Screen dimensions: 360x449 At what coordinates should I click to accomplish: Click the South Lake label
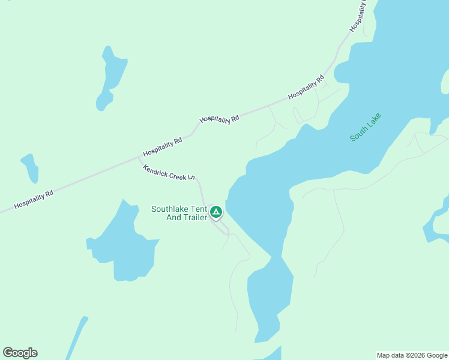tap(366, 127)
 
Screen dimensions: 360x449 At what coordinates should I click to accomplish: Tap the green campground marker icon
tap(216, 212)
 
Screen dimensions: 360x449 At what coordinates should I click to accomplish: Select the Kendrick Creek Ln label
tap(169, 172)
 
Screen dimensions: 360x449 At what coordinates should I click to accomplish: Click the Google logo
tap(20, 353)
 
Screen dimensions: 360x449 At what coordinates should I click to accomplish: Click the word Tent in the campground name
tap(199, 209)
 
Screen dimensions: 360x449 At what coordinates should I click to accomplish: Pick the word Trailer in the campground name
tap(195, 217)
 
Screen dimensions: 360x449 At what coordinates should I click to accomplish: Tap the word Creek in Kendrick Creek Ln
tap(174, 174)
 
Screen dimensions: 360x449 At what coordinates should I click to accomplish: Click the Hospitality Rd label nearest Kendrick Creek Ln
tap(162, 147)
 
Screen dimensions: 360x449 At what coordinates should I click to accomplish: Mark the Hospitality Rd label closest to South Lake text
tap(306, 88)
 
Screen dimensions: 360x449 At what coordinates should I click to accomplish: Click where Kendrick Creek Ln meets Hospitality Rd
tap(139, 158)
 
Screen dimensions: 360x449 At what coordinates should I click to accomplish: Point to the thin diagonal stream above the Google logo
tap(76, 337)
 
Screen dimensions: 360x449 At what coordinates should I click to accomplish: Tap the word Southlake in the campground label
tap(170, 209)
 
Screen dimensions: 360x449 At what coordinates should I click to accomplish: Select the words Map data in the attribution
tap(391, 355)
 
